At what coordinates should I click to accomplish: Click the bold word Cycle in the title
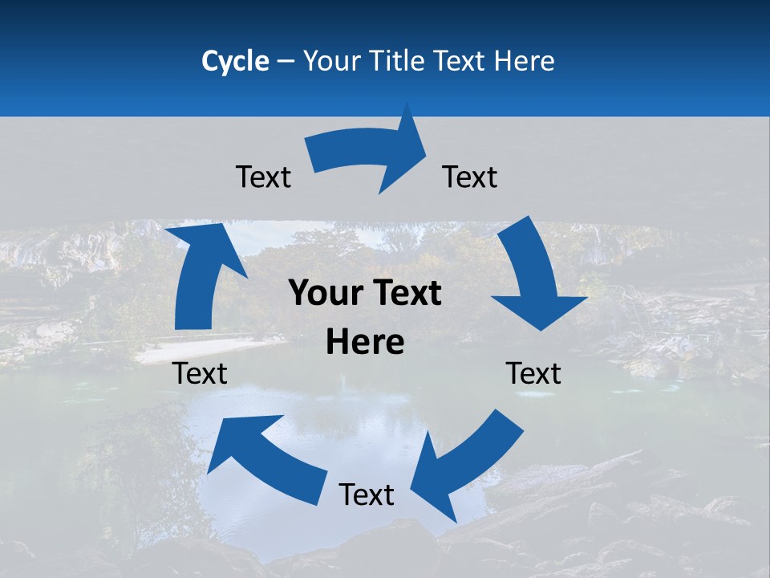(x=235, y=61)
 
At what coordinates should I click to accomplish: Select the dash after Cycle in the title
(x=286, y=61)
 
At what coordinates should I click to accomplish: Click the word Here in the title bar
(x=523, y=61)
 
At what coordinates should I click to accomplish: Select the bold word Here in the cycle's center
(x=365, y=342)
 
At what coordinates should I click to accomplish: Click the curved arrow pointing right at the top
(x=369, y=157)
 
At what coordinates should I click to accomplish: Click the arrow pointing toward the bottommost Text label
(x=465, y=466)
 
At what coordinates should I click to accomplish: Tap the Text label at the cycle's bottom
(x=367, y=495)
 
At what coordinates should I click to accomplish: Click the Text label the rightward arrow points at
(x=470, y=177)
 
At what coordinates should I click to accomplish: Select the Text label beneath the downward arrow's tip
(x=533, y=373)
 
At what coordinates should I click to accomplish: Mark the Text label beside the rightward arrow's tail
(x=263, y=177)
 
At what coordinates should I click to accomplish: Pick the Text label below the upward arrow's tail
(x=200, y=373)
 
